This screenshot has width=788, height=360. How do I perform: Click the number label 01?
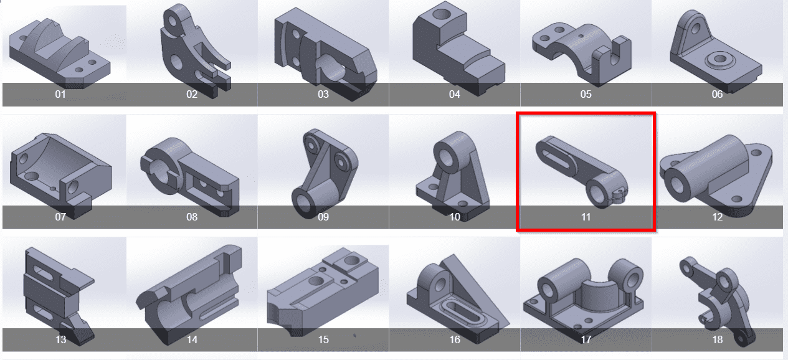click(x=60, y=94)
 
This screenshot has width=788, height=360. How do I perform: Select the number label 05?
click(x=586, y=94)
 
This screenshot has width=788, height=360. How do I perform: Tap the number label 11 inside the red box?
click(x=586, y=217)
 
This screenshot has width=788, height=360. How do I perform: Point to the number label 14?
click(x=192, y=339)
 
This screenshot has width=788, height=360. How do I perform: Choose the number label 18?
click(x=717, y=339)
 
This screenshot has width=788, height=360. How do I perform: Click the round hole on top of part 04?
click(x=442, y=14)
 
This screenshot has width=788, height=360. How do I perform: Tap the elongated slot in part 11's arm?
click(x=556, y=159)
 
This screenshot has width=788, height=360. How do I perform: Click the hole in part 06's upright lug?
click(x=695, y=28)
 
